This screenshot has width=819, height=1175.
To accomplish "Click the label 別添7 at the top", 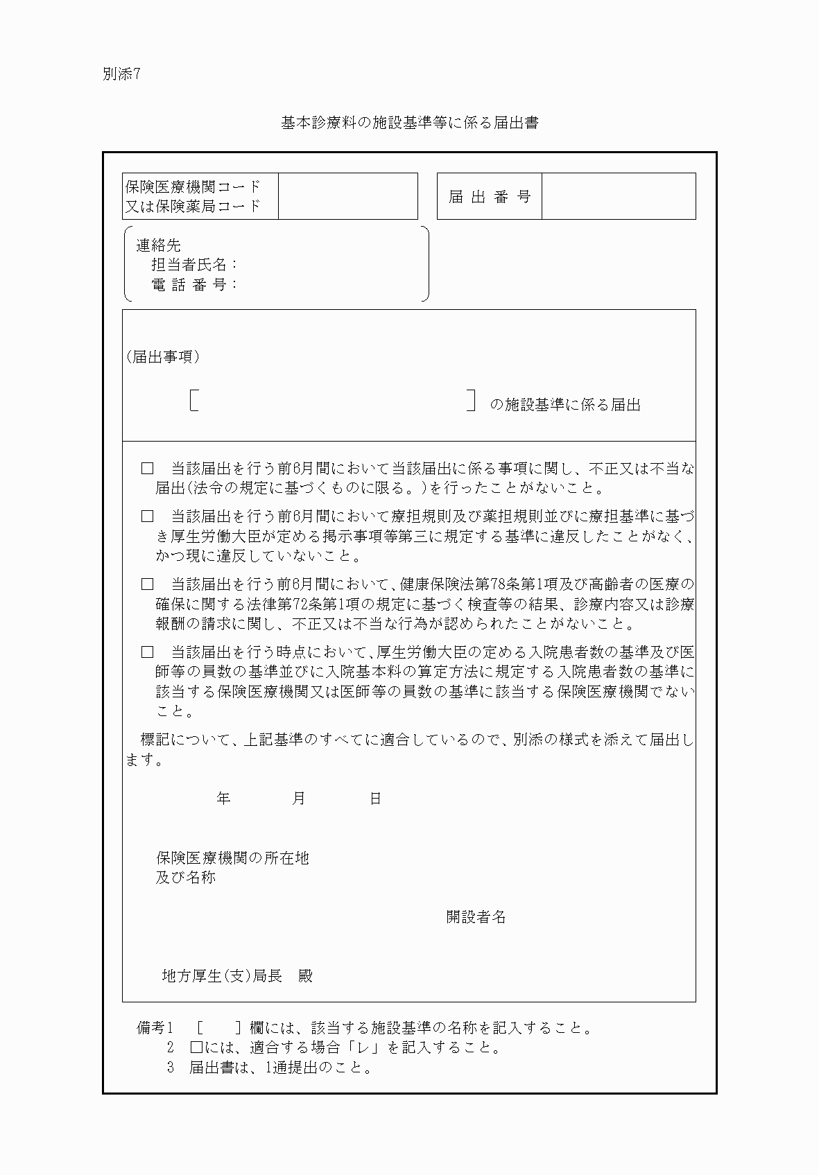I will [x=121, y=75].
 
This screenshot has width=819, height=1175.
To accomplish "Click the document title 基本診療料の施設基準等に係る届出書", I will [x=409, y=123].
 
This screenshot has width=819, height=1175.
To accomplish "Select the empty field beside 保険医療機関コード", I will [x=347, y=196].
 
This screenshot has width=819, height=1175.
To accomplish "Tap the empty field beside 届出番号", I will [x=618, y=196].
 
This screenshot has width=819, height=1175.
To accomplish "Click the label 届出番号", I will [x=489, y=197].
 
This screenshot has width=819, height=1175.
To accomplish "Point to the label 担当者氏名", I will [x=194, y=265].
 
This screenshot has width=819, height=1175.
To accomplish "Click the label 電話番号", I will [x=194, y=284].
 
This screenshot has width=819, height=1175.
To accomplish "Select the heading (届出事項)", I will [x=163, y=357].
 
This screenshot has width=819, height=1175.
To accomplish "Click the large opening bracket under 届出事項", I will [x=194, y=401].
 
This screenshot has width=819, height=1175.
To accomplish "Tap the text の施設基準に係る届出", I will [x=565, y=405].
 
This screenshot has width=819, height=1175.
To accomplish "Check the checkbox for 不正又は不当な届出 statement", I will [x=147, y=469].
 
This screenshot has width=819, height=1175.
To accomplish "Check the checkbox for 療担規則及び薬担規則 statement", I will [x=147, y=516].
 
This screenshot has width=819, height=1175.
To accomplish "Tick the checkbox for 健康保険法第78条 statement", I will [x=147, y=584].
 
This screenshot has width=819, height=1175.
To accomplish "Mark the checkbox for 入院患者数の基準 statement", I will [x=147, y=652].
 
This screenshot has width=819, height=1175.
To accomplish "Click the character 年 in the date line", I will [x=223, y=799].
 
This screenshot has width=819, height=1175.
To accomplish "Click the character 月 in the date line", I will [x=299, y=799].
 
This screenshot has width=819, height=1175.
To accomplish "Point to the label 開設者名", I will [x=476, y=917].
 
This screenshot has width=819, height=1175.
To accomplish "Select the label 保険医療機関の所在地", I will [x=232, y=858].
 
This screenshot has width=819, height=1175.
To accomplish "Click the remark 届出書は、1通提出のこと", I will [x=281, y=1068].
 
